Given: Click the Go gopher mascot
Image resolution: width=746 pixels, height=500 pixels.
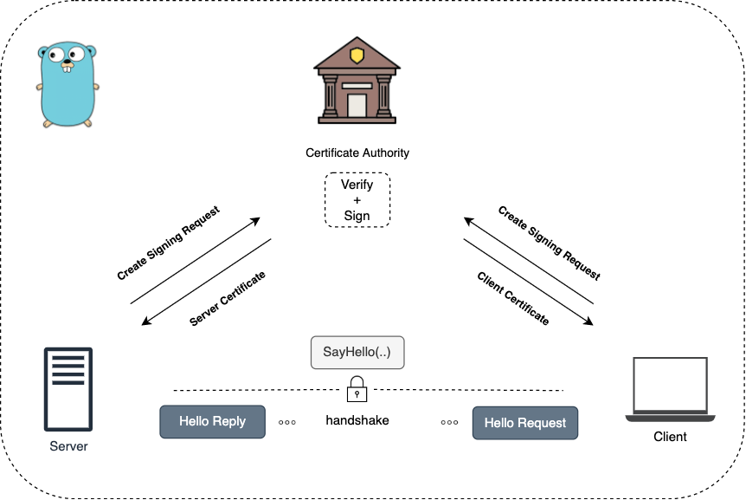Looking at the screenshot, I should tap(67, 86).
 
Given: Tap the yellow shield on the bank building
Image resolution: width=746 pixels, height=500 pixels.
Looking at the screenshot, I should tap(357, 56).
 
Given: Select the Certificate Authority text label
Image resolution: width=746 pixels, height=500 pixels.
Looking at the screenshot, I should tap(357, 153).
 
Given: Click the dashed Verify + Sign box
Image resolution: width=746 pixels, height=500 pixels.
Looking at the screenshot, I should tap(357, 200).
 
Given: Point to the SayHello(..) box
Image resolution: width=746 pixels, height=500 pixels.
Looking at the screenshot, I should tap(357, 353).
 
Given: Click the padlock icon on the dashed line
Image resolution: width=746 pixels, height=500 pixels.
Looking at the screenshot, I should tap(357, 389).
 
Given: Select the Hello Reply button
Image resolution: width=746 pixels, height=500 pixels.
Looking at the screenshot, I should tap(212, 422).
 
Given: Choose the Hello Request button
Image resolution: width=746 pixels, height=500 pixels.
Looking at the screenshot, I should tap(524, 423).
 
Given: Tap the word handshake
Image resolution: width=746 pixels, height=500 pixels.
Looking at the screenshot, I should tap(357, 420).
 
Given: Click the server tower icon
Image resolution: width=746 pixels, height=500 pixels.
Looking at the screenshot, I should tap(68, 390).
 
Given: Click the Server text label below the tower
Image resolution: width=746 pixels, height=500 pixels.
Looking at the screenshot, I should tap(68, 446).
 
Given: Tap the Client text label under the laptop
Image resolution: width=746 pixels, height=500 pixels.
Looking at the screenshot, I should tap(670, 437).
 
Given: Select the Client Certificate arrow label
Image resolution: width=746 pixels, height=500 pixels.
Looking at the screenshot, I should tap(513, 298).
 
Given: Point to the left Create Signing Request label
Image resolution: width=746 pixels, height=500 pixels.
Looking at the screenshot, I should tap(169, 243).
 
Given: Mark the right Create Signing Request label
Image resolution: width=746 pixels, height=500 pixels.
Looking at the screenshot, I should tap(549, 243).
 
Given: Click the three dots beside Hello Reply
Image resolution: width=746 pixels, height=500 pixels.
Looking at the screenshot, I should tap(287, 423).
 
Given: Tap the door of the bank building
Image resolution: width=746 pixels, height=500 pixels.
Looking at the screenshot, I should tap(357, 106).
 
